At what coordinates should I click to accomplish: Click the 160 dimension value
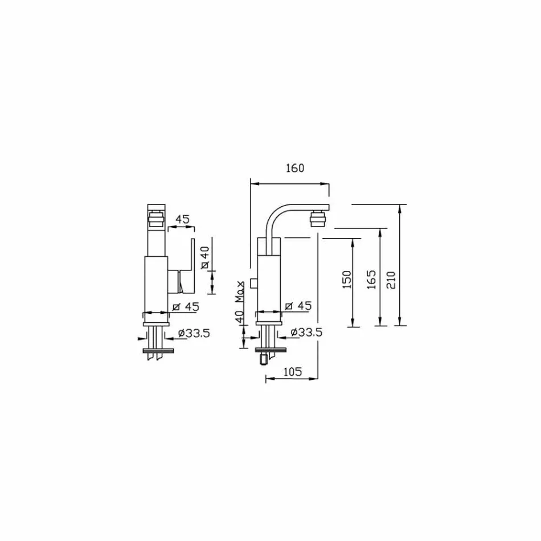pos(296,168)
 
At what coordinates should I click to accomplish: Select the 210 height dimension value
pos(391,280)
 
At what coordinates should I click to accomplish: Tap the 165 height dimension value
pos(371,280)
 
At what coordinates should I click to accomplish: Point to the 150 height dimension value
pos(347,280)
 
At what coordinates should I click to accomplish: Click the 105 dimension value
pos(292,372)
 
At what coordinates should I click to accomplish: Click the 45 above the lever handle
pos(182,219)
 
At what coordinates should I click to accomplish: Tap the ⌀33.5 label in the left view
pos(193,333)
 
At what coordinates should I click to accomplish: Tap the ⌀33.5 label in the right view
pos(306,333)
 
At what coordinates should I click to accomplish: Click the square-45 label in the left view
pos(185,307)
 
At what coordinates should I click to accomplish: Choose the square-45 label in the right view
pos(298,306)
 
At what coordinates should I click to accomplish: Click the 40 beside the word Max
pos(240,314)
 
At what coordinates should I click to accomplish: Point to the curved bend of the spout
pos(274,215)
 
